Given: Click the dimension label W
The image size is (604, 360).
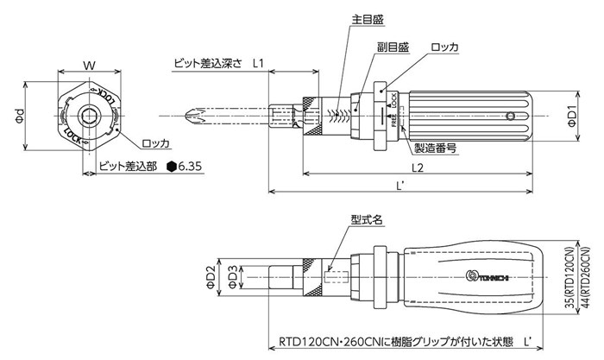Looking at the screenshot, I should pos(88,65).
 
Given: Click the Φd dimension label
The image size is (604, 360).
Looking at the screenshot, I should pos(19,120).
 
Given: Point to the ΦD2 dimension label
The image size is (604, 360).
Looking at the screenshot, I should pos(211,277).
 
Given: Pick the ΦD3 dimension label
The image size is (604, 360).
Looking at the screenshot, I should pos(232,277).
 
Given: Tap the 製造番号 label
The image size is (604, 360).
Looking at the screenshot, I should pos(434,148).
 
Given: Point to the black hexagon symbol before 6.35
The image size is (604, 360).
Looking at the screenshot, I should pos(173,166).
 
